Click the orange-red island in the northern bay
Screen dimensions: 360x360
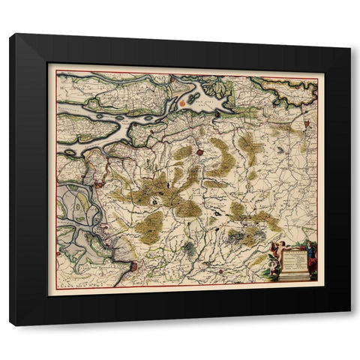click(x=183, y=99)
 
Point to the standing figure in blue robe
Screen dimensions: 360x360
click(x=310, y=258)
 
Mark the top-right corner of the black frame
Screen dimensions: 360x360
click(x=349, y=34)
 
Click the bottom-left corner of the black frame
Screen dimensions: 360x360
click(x=10, y=325)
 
